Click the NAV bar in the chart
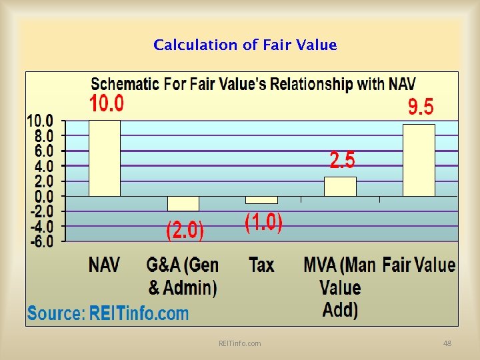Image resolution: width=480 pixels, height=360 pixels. click(105, 158)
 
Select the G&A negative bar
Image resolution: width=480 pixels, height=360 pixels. click(183, 203)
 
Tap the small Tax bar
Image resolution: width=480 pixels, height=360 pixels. click(261, 200)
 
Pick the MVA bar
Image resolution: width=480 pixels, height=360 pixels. click(340, 187)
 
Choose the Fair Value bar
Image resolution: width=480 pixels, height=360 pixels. click(419, 160)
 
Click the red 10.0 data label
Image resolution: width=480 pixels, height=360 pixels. click(107, 104)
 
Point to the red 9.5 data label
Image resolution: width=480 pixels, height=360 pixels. click(421, 107)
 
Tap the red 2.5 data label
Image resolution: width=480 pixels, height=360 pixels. click(343, 160)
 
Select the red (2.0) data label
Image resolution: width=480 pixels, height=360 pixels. click(185, 231)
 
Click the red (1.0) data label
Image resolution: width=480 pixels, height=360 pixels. click(263, 222)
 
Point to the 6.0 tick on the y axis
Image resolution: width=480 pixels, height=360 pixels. click(40, 151)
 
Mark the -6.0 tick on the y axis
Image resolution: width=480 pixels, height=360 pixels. click(40, 241)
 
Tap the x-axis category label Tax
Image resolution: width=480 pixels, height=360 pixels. click(261, 265)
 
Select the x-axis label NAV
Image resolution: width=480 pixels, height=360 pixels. click(105, 265)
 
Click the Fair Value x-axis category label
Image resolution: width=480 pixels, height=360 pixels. click(419, 265)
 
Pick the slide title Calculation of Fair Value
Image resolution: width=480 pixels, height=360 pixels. click(245, 45)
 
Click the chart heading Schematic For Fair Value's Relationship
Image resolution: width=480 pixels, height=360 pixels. click(253, 84)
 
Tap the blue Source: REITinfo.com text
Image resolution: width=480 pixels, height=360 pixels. click(108, 313)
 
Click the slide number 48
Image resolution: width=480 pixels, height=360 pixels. click(447, 343)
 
